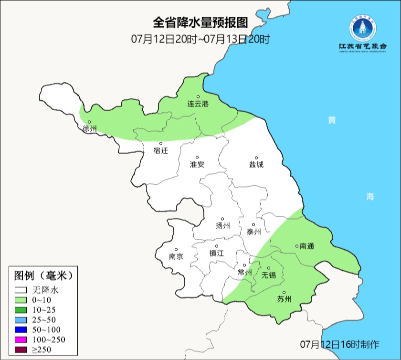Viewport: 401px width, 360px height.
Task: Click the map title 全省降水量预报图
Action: (x=200, y=22)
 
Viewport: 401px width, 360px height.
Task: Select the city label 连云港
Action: (x=198, y=104)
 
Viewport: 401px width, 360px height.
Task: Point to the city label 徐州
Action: (x=89, y=129)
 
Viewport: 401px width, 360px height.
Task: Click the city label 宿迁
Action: (x=161, y=150)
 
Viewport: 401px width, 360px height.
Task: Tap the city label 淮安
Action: (x=197, y=164)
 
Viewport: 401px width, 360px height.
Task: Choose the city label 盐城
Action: (x=256, y=165)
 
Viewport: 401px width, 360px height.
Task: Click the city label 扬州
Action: (x=222, y=225)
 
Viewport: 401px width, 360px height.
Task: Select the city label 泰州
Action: (x=253, y=232)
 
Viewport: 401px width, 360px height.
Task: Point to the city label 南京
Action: (x=176, y=256)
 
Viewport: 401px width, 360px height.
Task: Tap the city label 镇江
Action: (x=216, y=254)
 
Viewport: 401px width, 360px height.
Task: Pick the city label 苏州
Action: (x=284, y=299)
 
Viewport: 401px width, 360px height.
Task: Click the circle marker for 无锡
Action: (x=269, y=268)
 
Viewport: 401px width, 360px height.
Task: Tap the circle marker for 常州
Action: (x=244, y=265)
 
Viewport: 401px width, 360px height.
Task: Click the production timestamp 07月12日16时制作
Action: (x=339, y=344)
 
